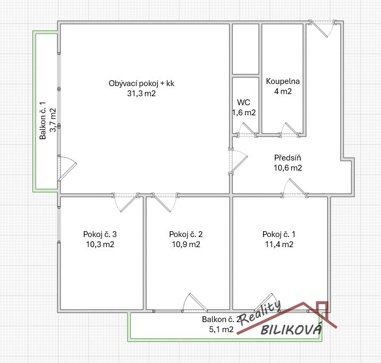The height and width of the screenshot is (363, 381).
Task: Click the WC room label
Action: (x=243, y=102)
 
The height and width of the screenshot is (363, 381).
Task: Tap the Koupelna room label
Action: (x=283, y=81)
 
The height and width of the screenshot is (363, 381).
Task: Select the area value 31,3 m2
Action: (x=141, y=94)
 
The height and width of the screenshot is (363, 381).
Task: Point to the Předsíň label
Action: (x=287, y=158)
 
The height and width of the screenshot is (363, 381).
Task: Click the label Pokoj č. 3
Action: (x=100, y=234)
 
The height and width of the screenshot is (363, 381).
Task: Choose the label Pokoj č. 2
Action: (x=186, y=234)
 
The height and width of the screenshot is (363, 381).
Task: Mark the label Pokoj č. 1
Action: (x=279, y=234)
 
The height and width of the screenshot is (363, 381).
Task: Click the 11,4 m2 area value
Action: (x=279, y=244)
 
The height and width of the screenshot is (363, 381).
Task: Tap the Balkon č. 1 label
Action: (x=43, y=121)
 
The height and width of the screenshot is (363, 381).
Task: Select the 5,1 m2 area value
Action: (x=221, y=329)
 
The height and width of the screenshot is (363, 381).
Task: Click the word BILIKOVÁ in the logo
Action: (x=292, y=329)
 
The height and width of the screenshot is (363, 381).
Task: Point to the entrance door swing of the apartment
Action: (x=323, y=29)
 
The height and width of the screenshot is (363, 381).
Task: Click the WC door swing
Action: (x=246, y=129)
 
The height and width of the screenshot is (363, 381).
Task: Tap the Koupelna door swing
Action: (x=290, y=129)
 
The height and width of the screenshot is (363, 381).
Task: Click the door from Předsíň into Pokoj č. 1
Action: (x=294, y=187)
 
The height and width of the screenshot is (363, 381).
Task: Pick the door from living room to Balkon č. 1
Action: (x=67, y=168)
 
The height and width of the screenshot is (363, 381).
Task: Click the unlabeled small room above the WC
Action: (x=245, y=49)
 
